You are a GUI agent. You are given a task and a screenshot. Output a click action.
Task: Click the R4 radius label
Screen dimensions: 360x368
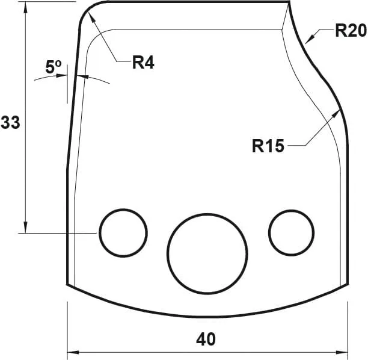(x=143, y=62)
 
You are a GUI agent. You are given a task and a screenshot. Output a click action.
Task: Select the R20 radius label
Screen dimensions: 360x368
(x=350, y=31)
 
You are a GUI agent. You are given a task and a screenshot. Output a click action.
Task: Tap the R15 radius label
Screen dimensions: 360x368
(x=268, y=146)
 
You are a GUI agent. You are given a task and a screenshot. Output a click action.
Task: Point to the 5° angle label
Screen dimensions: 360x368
(x=54, y=67)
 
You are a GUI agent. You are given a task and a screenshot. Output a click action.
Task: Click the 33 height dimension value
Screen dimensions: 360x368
(x=10, y=123)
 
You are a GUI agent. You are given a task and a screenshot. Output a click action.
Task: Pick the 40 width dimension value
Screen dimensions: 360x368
(x=206, y=339)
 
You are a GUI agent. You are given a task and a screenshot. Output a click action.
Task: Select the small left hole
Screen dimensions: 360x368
(x=123, y=232)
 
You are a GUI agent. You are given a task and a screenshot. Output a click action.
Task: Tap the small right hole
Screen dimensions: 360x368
(x=292, y=232)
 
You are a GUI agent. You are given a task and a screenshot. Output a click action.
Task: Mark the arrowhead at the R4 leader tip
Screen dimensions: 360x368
(x=91, y=14)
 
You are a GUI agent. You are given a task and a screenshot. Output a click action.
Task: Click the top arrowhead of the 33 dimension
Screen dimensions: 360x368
(x=25, y=6)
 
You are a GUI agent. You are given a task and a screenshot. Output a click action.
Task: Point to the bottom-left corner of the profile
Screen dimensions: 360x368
(x=67, y=284)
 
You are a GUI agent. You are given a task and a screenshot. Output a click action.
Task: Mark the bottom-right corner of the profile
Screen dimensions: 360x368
(x=349, y=284)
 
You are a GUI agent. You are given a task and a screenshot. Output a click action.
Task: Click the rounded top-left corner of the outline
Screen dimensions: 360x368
(x=87, y=11)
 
